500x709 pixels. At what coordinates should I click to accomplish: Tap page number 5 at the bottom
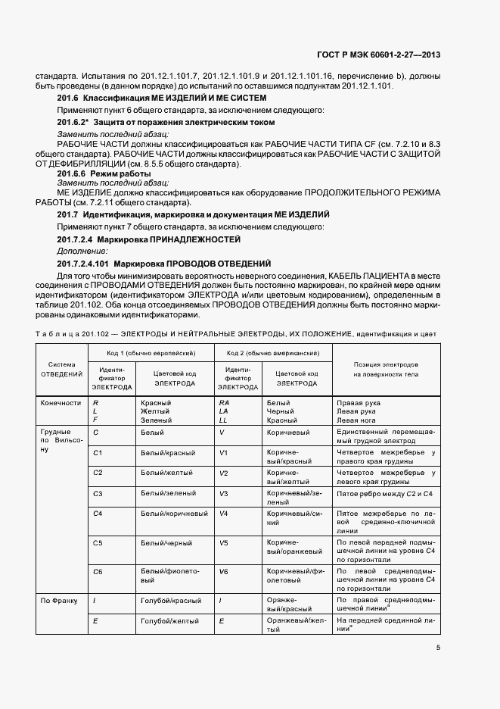[x=438, y=648]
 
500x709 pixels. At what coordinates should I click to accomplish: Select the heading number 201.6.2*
[x=76, y=122]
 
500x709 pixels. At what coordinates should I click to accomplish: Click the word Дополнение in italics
[x=82, y=250]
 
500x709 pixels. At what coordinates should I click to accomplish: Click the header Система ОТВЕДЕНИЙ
[x=62, y=368]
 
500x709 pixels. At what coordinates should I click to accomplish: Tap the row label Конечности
[x=61, y=403]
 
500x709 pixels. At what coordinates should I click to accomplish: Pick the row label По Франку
[x=60, y=601]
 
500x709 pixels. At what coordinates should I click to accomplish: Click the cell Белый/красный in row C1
[x=168, y=453]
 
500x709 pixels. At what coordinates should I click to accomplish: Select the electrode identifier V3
[x=223, y=492]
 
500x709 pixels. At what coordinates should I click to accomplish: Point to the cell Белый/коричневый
[x=175, y=513]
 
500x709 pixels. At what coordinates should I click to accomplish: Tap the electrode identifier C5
[x=98, y=543]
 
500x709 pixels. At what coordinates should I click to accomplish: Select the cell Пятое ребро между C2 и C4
[x=384, y=493]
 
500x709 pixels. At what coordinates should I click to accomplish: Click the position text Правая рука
[x=358, y=403]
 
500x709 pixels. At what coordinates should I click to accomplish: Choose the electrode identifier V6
[x=223, y=572]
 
